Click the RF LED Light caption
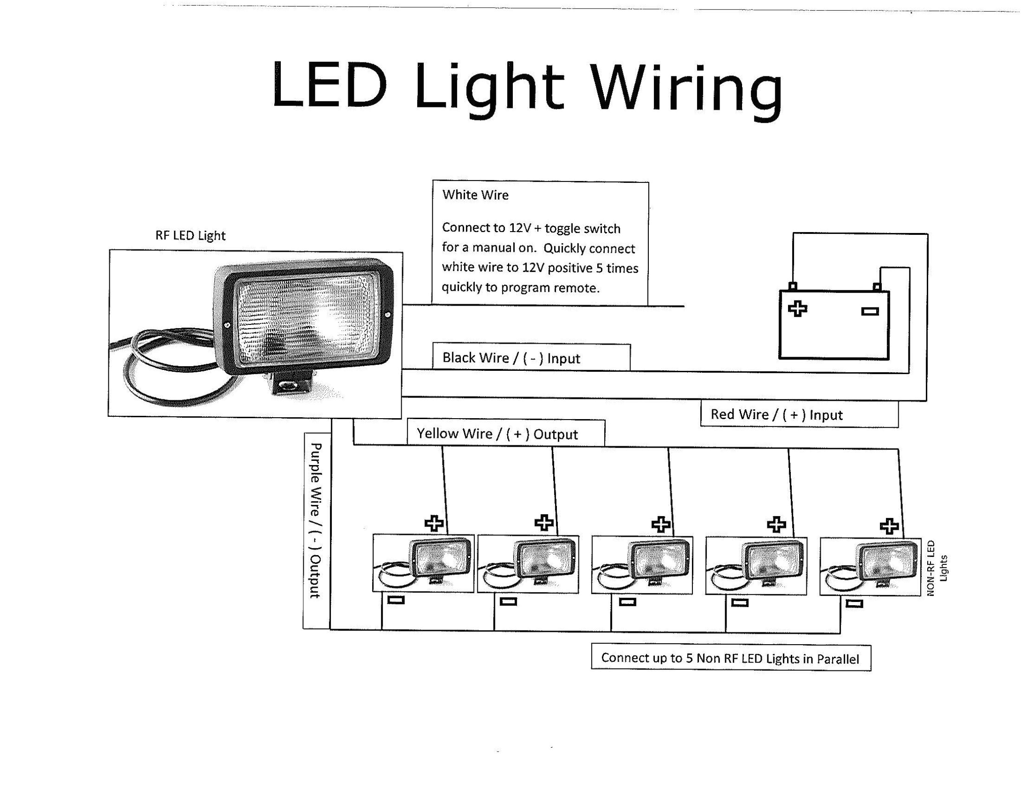190,235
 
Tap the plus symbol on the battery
797,309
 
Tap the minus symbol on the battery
870,311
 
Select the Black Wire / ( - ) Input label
511,358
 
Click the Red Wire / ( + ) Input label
776,414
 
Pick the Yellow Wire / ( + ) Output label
497,434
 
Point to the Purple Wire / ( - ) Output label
316,520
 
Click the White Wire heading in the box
475,195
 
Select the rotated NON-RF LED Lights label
937,568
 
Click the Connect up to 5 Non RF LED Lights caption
730,658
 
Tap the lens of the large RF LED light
307,319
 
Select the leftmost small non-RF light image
423,563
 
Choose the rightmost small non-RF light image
870,566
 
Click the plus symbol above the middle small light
661,524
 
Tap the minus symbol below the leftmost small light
396,600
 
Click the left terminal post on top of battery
793,286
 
